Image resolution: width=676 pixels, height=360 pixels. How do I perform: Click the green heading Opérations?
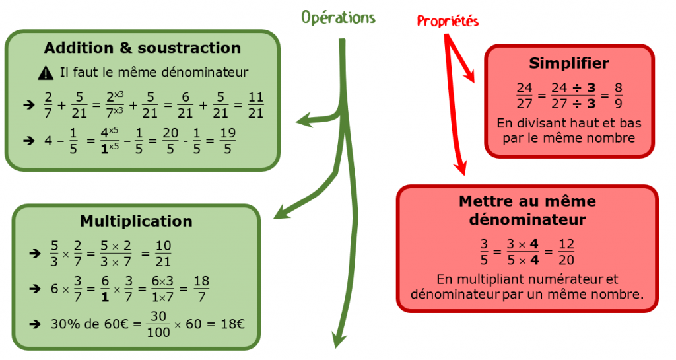338,18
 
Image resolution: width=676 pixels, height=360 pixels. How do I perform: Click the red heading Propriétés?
448,21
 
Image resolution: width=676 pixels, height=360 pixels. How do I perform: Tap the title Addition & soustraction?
142,48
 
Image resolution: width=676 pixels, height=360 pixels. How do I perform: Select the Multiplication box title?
136,221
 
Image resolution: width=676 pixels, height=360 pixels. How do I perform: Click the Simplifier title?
568,63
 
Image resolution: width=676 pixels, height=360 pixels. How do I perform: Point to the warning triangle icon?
46,73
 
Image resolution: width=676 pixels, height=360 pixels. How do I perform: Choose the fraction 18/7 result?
202,287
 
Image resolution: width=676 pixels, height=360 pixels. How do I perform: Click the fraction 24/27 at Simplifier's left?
524,96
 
